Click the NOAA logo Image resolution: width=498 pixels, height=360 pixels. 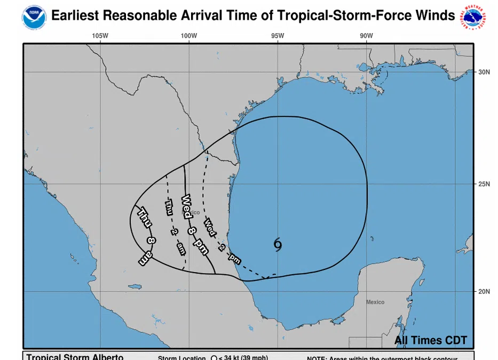click(35, 17)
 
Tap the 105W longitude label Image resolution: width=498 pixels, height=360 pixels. click(100, 36)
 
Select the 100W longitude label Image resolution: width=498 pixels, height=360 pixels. click(189, 36)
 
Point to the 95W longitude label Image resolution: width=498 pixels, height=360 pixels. click(278, 36)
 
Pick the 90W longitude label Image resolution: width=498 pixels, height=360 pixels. click(366, 36)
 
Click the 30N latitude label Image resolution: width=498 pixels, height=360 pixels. click(484, 72)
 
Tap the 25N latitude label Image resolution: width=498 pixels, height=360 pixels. click(484, 185)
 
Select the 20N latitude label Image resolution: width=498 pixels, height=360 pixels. click(484, 292)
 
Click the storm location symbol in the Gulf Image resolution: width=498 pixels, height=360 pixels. click(278, 244)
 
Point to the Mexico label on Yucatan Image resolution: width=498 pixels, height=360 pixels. click(375, 302)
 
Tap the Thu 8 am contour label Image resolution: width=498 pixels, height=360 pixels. click(147, 235)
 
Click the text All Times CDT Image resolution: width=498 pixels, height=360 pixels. click(430, 340)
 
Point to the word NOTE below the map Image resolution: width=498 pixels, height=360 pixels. click(318, 358)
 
